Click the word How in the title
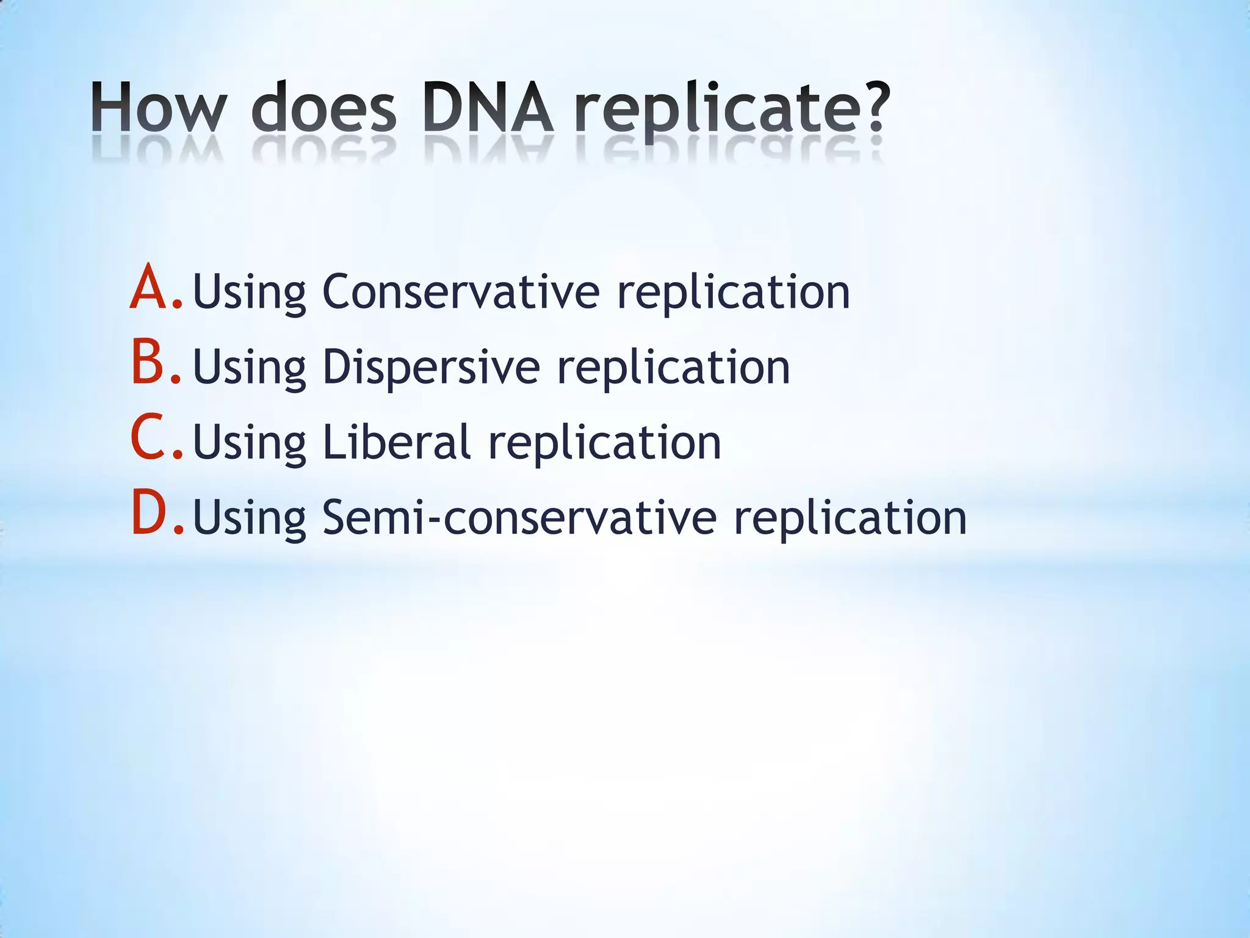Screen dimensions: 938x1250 point(158,107)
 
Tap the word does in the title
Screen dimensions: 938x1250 point(324,107)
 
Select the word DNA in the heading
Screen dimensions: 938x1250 point(488,107)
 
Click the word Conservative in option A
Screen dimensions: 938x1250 point(461,292)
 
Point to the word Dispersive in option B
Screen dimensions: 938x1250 point(431,368)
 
